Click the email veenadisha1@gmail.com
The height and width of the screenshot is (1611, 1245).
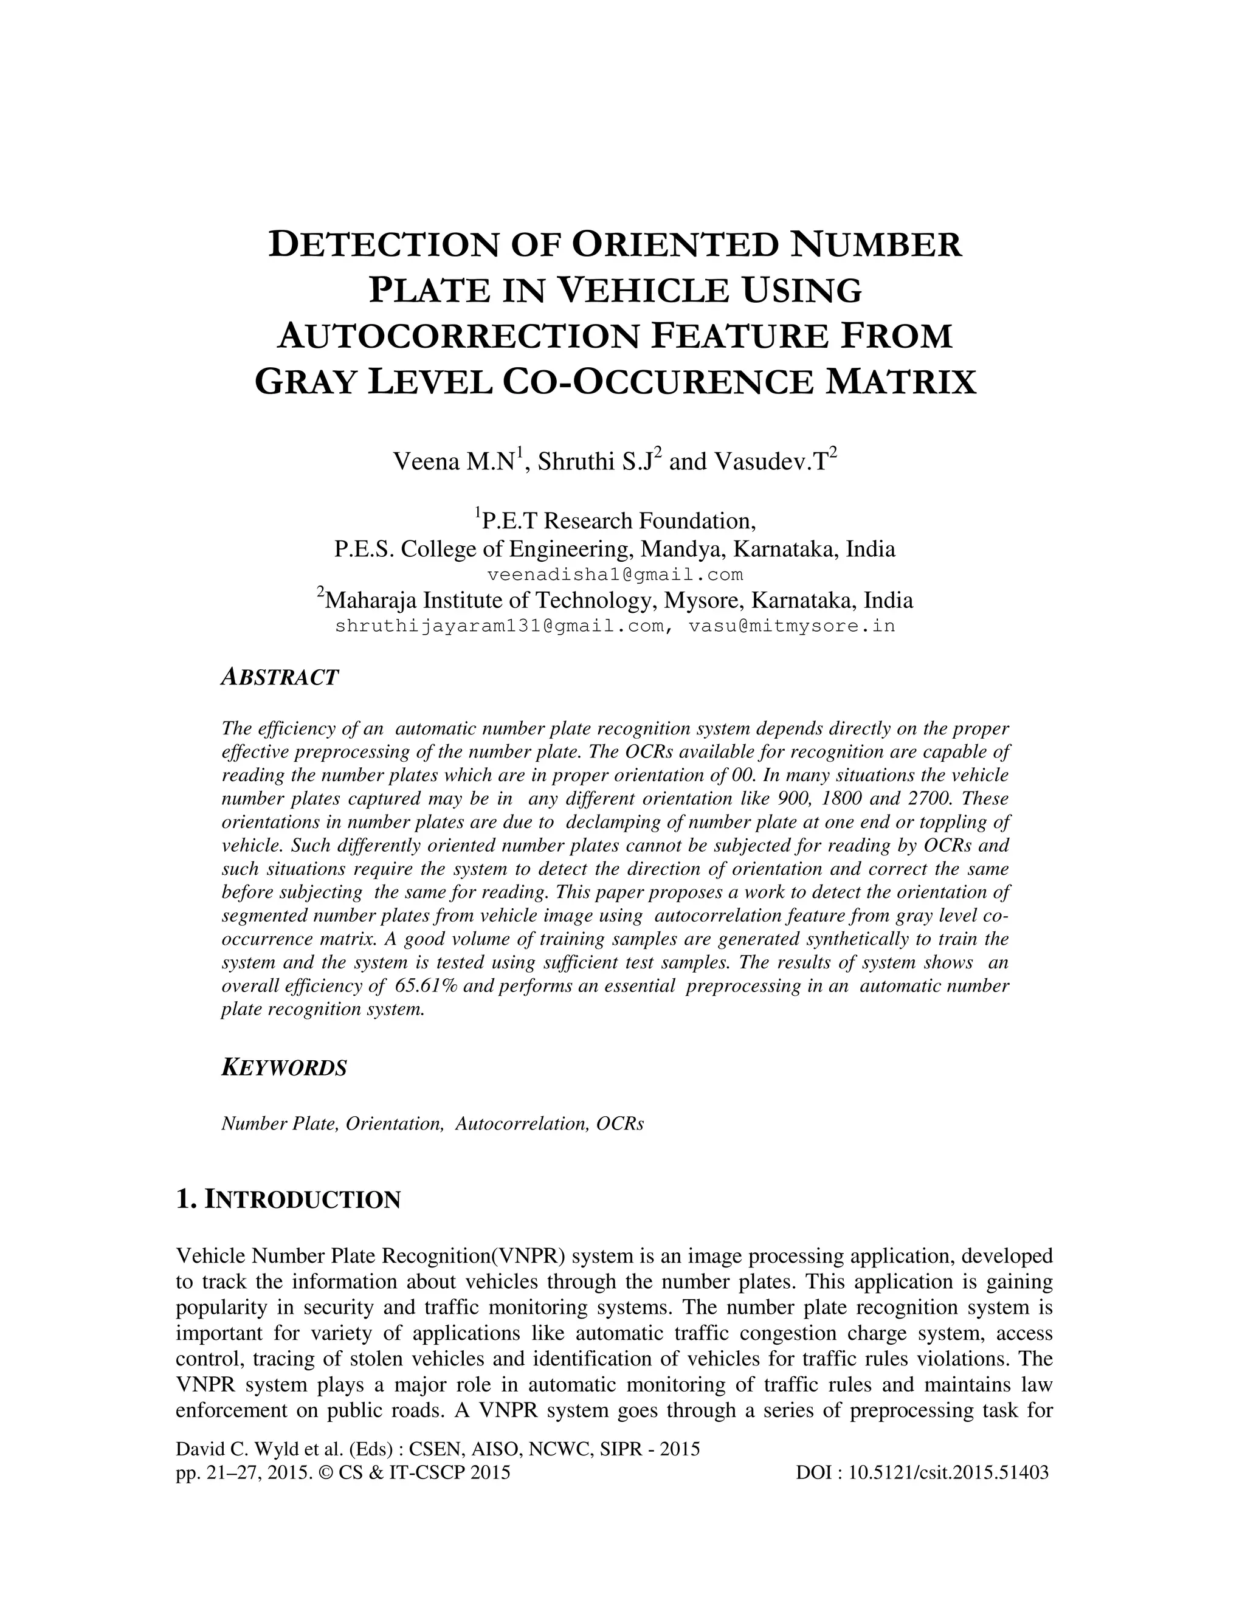point(615,574)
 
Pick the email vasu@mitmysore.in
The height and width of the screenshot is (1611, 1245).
point(791,626)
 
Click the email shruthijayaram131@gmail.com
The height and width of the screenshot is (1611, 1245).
point(499,626)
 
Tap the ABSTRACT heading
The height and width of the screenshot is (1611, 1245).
point(280,677)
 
